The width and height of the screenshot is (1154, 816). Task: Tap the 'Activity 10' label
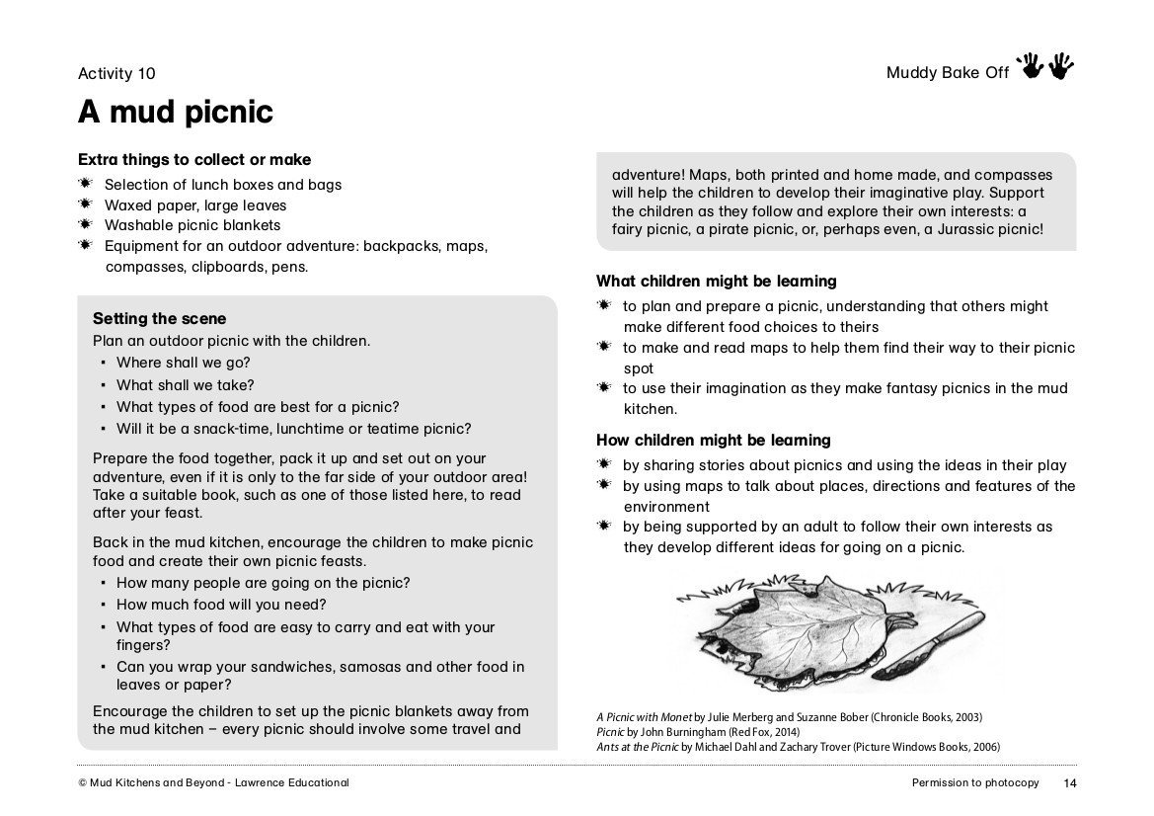click(x=116, y=73)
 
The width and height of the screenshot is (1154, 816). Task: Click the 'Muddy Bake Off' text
click(x=947, y=73)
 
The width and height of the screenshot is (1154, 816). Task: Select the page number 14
click(x=1070, y=783)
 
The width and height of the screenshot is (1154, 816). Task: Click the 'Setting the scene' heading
click(x=159, y=319)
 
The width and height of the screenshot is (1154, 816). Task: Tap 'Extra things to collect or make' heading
click(x=194, y=160)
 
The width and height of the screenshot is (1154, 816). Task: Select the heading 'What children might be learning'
click(x=716, y=282)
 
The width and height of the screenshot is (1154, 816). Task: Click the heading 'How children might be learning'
click(x=713, y=441)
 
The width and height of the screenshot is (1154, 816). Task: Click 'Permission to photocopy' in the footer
click(x=975, y=783)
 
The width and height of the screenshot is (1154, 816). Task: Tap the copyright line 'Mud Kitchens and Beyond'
click(x=212, y=783)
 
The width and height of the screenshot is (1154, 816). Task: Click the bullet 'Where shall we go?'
click(x=183, y=363)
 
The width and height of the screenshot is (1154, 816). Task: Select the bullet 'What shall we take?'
click(x=185, y=385)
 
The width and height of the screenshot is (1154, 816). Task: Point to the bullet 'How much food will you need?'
click(x=221, y=605)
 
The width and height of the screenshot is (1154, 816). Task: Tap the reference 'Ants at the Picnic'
click(x=636, y=747)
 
